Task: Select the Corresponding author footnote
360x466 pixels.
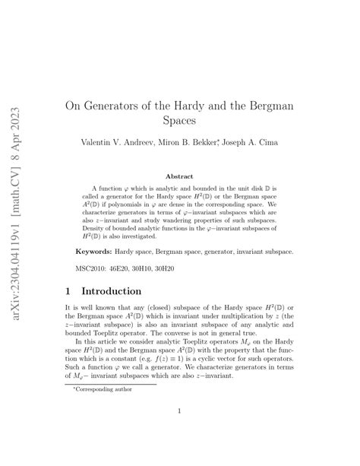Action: point(102,388)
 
